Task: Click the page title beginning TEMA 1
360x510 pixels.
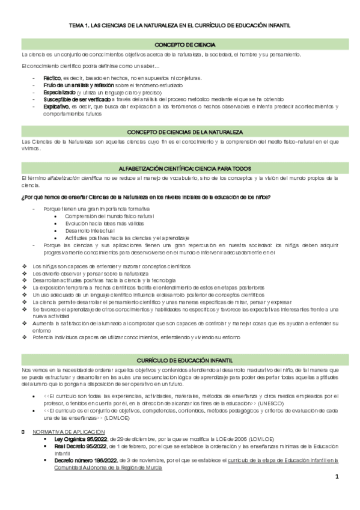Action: [180, 26]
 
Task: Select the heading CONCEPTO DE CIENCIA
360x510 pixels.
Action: [180, 45]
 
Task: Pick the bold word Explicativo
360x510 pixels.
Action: [56, 106]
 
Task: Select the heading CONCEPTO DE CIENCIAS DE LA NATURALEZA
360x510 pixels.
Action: [180, 132]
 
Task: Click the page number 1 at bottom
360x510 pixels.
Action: [338, 494]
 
